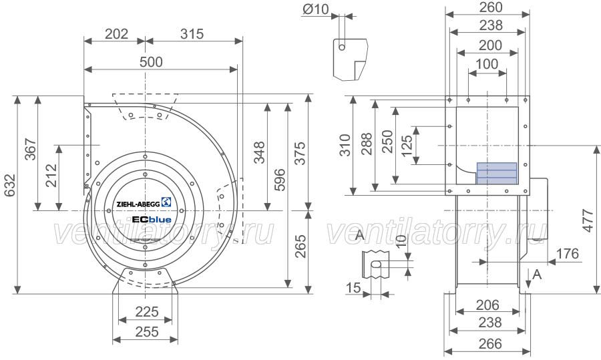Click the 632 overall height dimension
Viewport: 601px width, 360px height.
click(x=10, y=185)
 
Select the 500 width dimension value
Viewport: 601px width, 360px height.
click(x=151, y=61)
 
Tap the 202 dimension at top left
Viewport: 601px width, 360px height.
click(x=116, y=34)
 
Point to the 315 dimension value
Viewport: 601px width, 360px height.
click(x=192, y=34)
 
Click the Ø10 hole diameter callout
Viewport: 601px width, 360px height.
click(x=315, y=9)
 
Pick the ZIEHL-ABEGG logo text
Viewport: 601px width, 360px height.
click(x=138, y=204)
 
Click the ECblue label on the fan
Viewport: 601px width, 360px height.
click(x=152, y=220)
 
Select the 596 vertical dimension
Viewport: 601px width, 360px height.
click(x=280, y=179)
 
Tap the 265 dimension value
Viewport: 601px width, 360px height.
click(x=301, y=246)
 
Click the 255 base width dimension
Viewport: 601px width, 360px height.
click(x=147, y=332)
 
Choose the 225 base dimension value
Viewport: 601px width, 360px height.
click(x=147, y=312)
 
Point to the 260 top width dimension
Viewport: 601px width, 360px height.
click(x=491, y=7)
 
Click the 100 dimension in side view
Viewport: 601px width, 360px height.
click(x=487, y=64)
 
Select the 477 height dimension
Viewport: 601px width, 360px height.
click(x=588, y=220)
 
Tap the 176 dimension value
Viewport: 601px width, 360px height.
click(x=567, y=253)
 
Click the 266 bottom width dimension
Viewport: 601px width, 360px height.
click(x=490, y=343)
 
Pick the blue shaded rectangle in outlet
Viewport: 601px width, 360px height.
click(x=497, y=173)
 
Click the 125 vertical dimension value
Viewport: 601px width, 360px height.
click(x=407, y=146)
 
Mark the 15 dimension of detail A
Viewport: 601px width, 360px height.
click(x=353, y=287)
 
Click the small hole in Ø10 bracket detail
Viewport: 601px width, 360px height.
click(x=342, y=47)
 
